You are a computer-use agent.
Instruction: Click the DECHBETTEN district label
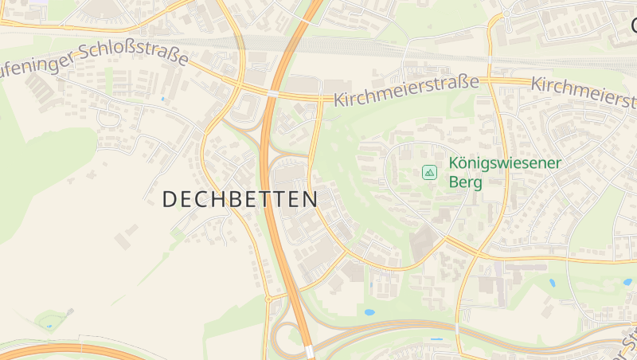[x=240, y=199]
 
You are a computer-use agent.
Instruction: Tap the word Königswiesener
[x=505, y=163]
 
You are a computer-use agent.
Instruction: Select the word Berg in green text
[x=466, y=182]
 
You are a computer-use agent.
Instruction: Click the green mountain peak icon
[x=429, y=172]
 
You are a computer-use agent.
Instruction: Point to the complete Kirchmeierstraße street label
[x=406, y=92]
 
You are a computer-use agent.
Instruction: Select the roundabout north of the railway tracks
[x=506, y=14]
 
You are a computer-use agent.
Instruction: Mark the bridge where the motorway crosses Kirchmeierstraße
[x=273, y=93]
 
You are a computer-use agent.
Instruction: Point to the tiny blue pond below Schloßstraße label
[x=163, y=99]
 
